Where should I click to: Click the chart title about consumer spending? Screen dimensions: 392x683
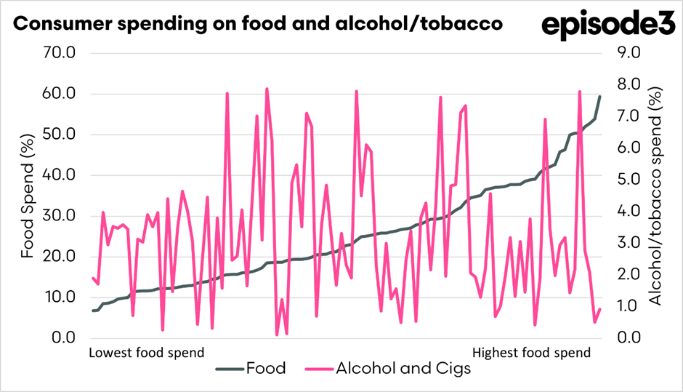coord(258,24)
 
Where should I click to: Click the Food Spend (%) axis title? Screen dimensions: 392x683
coord(28,196)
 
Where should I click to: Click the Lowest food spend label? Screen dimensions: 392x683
coord(145,353)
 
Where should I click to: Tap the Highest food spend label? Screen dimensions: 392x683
coord(531,353)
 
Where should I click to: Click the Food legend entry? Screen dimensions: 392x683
coord(266,369)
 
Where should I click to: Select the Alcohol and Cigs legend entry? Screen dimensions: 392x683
coord(403,369)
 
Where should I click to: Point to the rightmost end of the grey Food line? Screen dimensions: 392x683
coord(599,97)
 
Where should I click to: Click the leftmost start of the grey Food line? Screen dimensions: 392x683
coord(93,311)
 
